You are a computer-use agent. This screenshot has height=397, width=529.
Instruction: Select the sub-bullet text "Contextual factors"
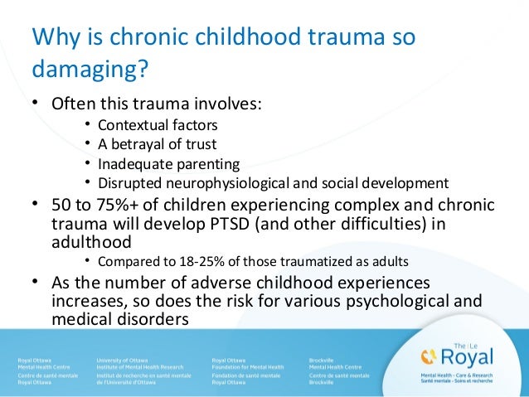click(x=158, y=126)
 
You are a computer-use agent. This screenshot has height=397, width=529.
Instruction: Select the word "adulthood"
click(x=90, y=242)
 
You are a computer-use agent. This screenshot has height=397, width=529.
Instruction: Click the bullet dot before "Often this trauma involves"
click(x=34, y=105)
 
